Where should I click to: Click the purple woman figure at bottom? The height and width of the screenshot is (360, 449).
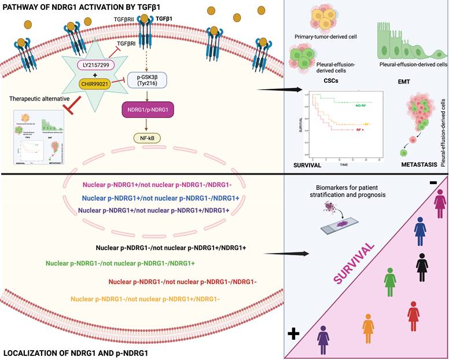click(x=323, y=339)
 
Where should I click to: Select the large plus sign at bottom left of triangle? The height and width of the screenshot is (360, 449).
click(x=293, y=333)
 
